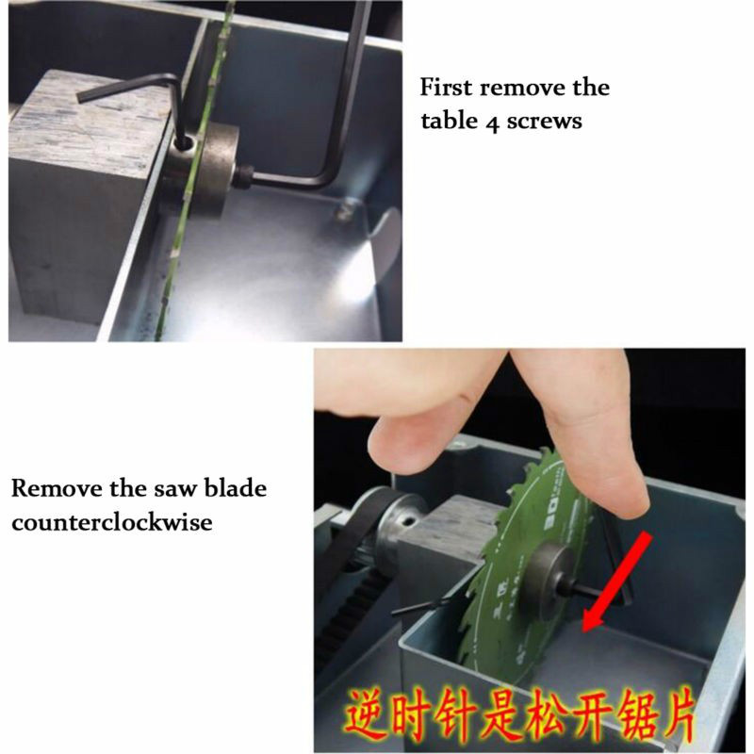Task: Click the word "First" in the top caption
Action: [446, 88]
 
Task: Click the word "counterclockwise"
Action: [112, 522]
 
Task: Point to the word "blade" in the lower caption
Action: [235, 488]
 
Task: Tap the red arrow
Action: [617, 582]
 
